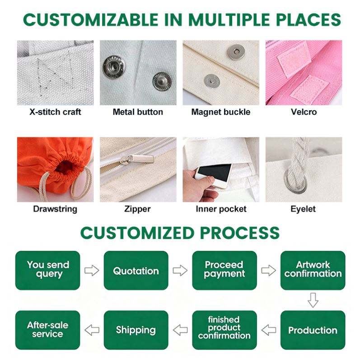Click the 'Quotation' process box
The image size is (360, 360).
(x=136, y=271)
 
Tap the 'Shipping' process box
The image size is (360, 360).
(x=136, y=330)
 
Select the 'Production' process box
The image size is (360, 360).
(x=313, y=330)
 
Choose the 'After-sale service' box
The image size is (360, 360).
(x=47, y=330)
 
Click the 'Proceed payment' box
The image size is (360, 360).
(x=224, y=271)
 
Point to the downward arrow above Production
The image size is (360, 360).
(x=313, y=300)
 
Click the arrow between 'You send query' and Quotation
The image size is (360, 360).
(x=92, y=271)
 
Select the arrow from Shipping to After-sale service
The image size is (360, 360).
(x=92, y=330)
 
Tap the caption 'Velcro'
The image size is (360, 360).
(x=304, y=112)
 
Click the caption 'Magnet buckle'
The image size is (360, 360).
(x=221, y=112)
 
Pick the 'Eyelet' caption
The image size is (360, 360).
(x=303, y=209)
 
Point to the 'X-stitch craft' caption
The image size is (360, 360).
(x=55, y=112)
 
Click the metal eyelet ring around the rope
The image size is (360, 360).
(x=296, y=182)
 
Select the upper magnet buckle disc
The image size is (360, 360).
(x=236, y=52)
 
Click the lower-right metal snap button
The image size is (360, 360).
(x=162, y=81)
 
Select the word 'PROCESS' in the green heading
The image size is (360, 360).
(x=239, y=233)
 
